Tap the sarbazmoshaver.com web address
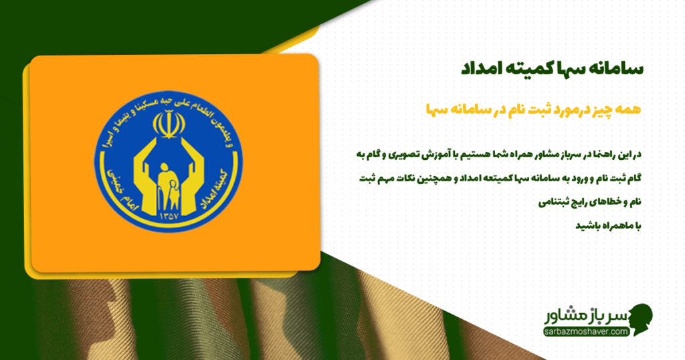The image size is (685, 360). pos(585,331)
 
